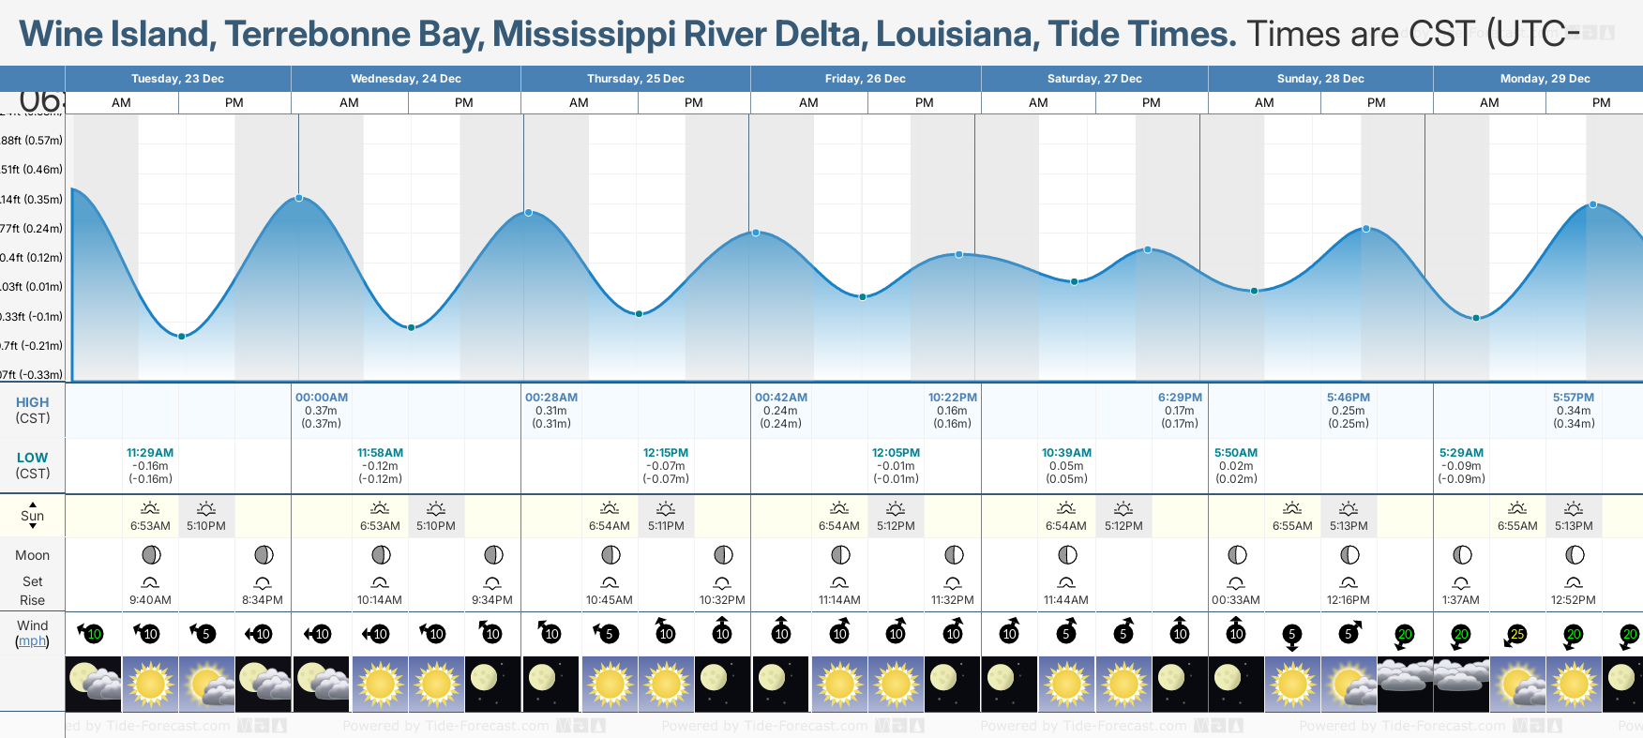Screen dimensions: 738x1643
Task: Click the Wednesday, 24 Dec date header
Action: [405, 79]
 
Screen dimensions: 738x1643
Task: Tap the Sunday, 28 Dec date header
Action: [1319, 79]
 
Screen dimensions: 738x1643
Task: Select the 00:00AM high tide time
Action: [322, 398]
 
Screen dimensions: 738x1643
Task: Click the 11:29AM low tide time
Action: [150, 453]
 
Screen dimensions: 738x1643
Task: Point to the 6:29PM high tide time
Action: [1180, 398]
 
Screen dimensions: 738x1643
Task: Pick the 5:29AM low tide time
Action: [1461, 453]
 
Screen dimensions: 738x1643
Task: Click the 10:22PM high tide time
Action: [953, 398]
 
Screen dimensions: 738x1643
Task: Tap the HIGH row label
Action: [32, 402]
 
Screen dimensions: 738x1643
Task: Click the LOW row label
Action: [32, 458]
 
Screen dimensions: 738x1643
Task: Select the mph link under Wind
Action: [32, 641]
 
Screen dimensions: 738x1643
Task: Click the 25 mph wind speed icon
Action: [1517, 635]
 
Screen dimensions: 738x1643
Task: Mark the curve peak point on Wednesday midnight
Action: [299, 198]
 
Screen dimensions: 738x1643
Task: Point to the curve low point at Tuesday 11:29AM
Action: [182, 336]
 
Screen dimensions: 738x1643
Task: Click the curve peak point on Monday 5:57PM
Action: [1592, 204]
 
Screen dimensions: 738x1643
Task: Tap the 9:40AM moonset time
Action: [150, 600]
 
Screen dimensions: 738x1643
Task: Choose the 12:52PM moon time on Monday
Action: [1574, 600]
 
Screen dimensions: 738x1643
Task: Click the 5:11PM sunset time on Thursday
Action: [666, 526]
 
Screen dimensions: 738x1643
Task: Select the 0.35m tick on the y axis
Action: [33, 200]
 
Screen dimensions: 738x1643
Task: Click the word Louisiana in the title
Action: [957, 35]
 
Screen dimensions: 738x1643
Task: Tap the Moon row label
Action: [32, 555]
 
